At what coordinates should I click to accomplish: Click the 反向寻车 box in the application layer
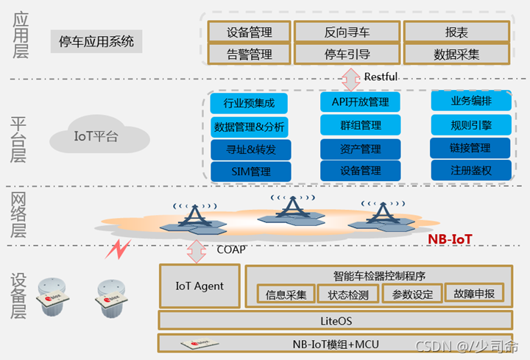pos(347,32)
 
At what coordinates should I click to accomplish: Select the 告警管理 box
pos(249,54)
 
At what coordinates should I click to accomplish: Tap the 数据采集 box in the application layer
pos(456,54)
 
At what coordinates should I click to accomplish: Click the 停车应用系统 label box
pos(96,42)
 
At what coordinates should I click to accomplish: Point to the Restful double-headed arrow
pos(350,77)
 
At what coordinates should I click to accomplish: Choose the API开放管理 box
pos(360,102)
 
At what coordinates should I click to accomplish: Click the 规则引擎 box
pos(470,124)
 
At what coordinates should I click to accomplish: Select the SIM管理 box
pos(251,172)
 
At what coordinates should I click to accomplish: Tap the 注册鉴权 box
pos(470,171)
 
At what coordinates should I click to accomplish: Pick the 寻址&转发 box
pos(251,149)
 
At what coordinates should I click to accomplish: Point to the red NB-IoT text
pos(450,239)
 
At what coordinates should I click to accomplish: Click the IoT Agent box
pos(199,286)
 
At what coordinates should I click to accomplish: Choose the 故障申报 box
pos(474,294)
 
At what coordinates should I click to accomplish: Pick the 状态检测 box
pos(348,294)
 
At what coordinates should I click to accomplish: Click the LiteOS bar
pos(336,320)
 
